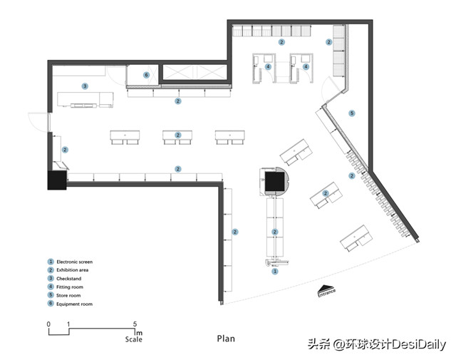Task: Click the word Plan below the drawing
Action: (x=226, y=339)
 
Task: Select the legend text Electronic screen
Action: (x=75, y=262)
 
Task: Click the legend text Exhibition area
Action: (x=73, y=271)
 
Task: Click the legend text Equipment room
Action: (x=75, y=304)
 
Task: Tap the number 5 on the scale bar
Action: (x=135, y=324)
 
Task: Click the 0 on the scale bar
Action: (x=48, y=324)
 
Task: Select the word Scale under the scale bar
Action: (x=133, y=339)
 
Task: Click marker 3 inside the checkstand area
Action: (x=85, y=86)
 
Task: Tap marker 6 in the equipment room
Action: (x=146, y=74)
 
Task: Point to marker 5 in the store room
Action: (x=351, y=113)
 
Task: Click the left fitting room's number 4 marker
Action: (x=268, y=67)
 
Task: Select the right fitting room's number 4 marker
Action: (x=306, y=67)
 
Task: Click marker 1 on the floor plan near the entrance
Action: (x=275, y=271)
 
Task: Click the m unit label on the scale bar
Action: (x=140, y=332)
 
